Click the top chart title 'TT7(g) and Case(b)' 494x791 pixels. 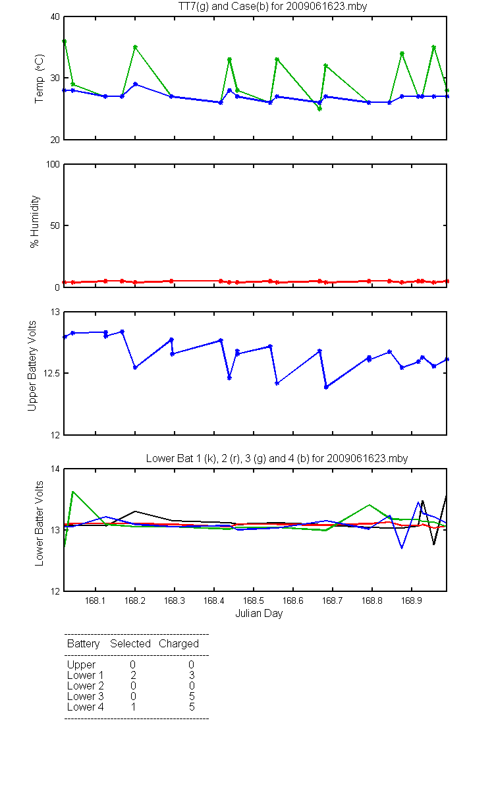223,7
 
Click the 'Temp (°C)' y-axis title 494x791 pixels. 39,78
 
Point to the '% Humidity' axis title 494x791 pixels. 34,221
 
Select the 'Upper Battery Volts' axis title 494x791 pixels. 32,366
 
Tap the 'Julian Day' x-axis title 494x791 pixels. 259,614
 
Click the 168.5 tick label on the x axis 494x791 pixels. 254,601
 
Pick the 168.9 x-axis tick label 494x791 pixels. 412,601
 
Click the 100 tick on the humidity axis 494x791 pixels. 53,164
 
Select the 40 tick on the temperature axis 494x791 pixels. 55,16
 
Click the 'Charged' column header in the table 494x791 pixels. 178,644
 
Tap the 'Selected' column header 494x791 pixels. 130,643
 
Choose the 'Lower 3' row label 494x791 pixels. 86,696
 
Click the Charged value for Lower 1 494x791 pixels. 192,675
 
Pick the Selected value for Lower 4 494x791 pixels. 133,707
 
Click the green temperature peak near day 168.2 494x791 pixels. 135,47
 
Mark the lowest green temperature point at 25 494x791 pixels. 319,109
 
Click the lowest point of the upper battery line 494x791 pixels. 326,388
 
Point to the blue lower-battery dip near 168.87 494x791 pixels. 402,548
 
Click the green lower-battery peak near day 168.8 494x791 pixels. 370,505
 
